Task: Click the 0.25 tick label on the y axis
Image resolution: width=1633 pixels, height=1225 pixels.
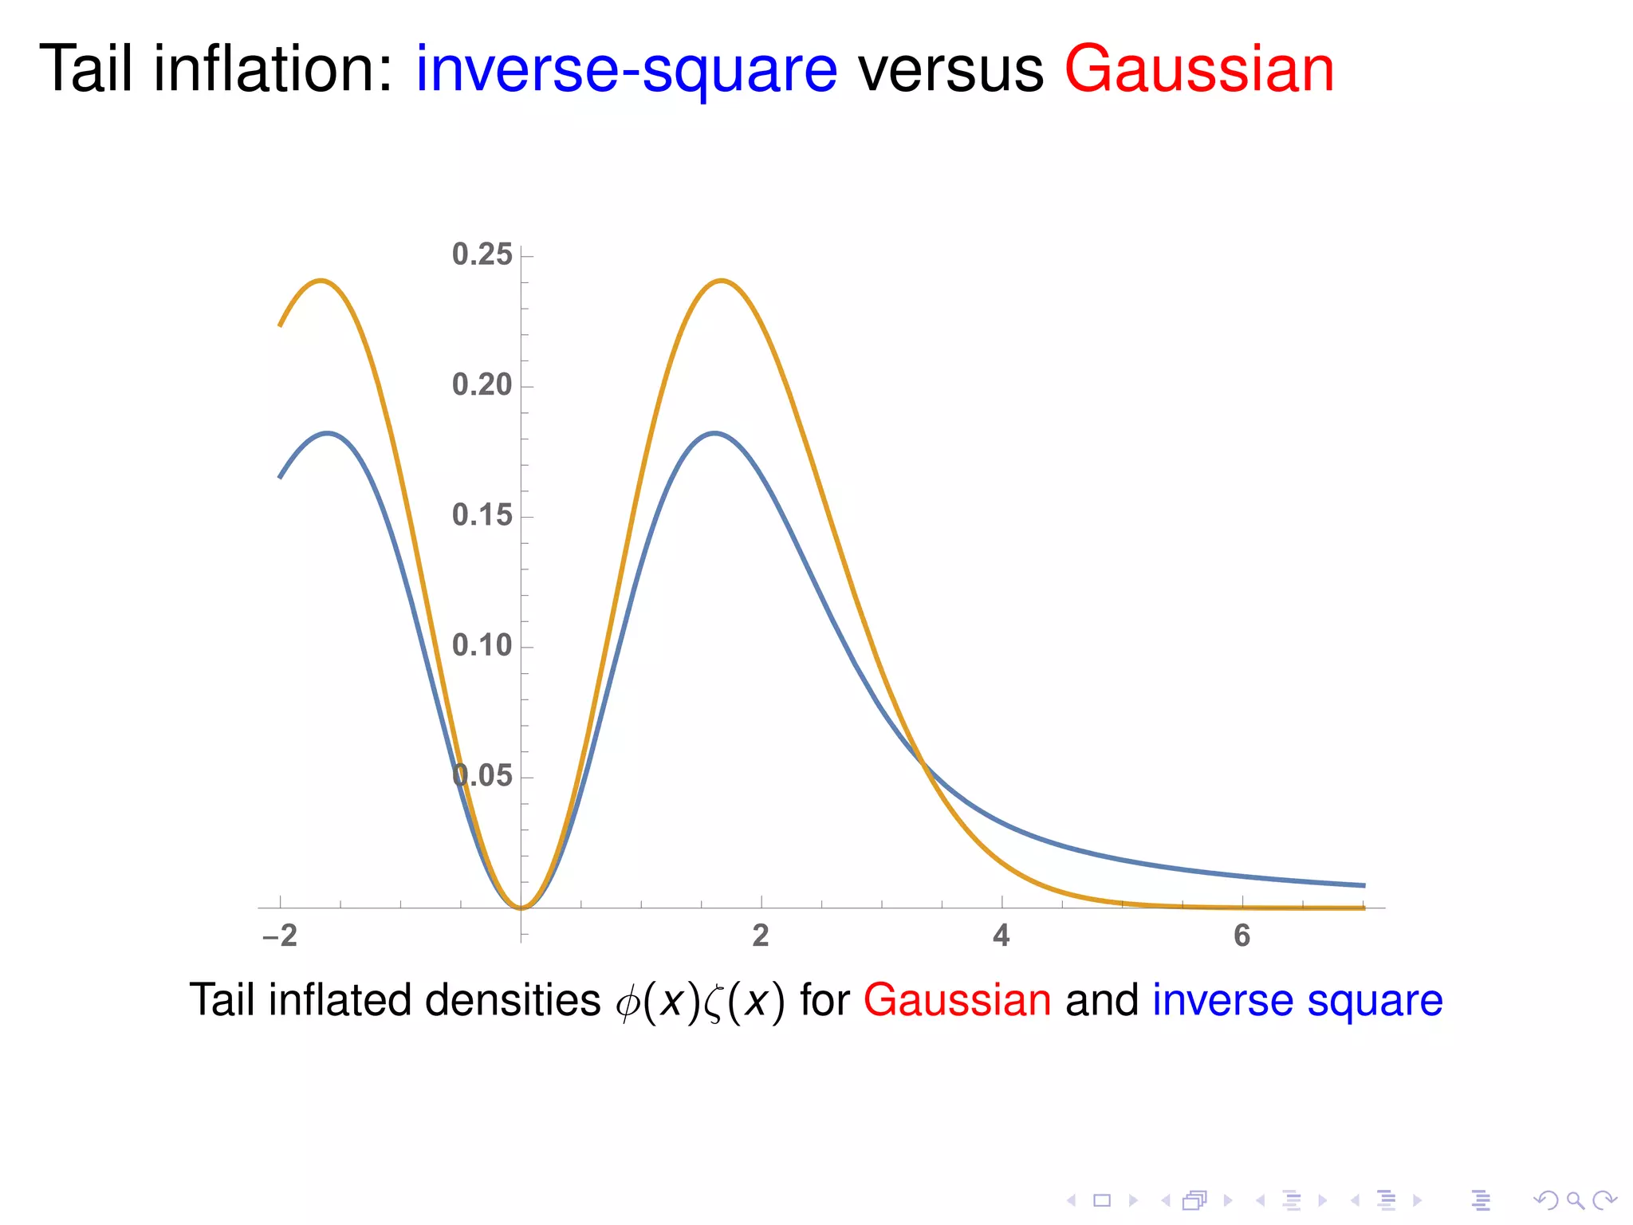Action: coord(482,254)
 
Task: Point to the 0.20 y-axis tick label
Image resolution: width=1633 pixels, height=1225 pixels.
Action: coord(482,385)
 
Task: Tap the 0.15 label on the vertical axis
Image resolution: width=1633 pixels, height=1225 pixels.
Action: coord(482,515)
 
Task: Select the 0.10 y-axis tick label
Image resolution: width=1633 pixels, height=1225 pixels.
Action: coord(482,645)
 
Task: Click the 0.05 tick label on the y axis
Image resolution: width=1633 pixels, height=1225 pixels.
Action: coord(482,775)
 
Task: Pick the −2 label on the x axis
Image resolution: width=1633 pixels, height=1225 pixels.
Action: coord(280,935)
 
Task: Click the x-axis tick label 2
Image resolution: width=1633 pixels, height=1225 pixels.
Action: coord(761,935)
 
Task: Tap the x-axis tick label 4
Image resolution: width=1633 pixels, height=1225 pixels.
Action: coord(1001,935)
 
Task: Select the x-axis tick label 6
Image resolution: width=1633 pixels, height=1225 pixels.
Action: coord(1241,935)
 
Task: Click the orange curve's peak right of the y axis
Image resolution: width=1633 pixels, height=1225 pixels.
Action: coord(722,281)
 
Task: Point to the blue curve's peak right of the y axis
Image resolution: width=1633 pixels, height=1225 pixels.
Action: coord(715,433)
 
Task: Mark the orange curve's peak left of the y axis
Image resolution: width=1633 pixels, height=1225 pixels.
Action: coord(321,281)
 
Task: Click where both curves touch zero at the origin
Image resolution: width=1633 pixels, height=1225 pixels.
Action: coord(521,908)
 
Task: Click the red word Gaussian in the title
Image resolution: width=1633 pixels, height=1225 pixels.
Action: coord(1198,70)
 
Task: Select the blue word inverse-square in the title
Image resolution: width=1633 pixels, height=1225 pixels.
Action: coord(626,70)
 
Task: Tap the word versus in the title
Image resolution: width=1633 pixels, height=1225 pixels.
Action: coord(950,70)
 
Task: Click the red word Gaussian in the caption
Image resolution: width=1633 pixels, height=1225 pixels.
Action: coord(957,1000)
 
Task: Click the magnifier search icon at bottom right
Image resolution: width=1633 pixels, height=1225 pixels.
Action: coord(1575,1200)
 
